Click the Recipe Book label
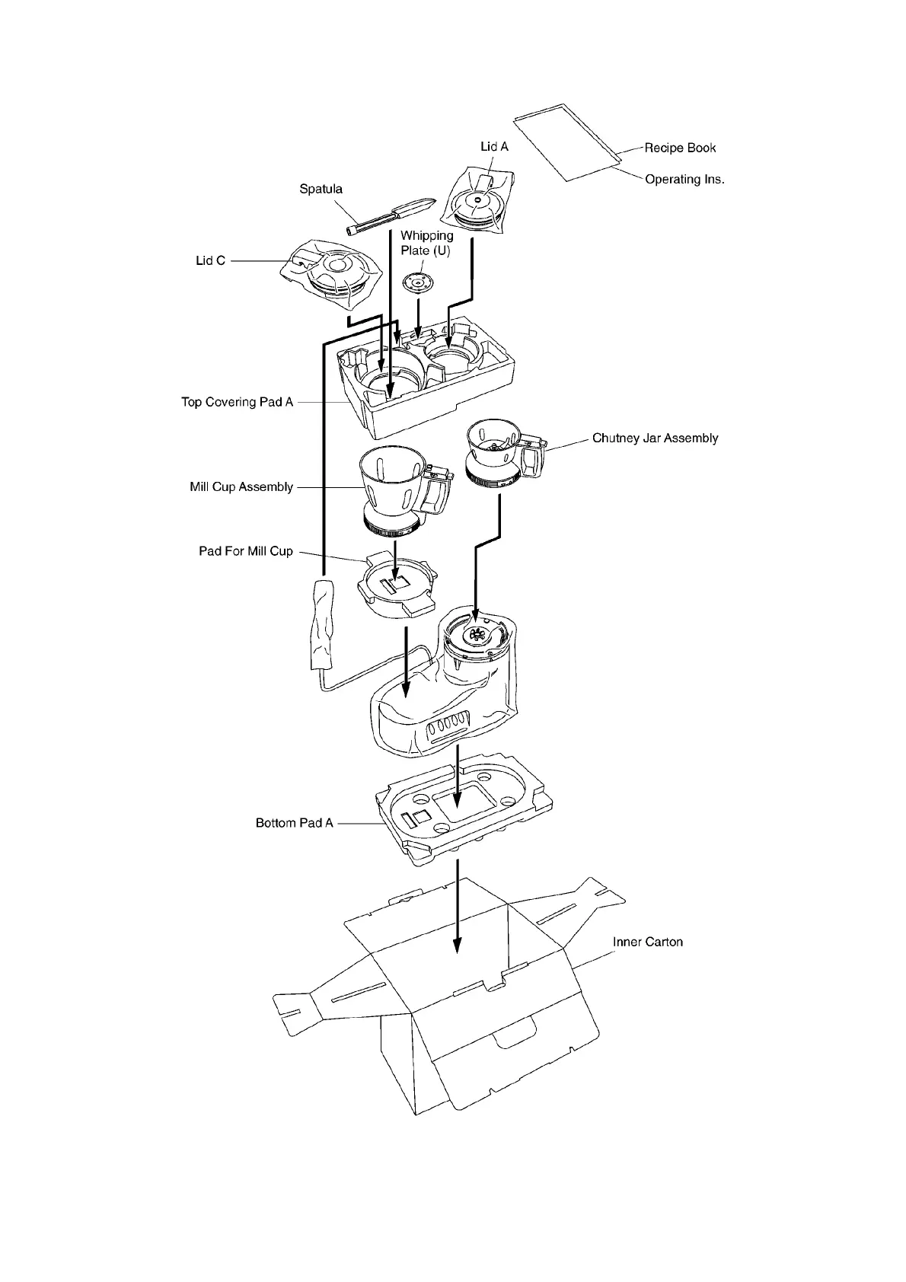point(680,148)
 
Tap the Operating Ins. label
point(684,180)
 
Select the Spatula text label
point(321,189)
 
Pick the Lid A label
point(494,146)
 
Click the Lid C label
point(211,260)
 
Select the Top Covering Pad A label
point(237,402)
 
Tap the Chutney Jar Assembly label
point(655,438)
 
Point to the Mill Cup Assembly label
point(241,487)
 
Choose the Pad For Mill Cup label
point(246,551)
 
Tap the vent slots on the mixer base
point(448,728)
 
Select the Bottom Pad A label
point(295,824)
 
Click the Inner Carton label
point(648,942)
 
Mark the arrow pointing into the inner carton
point(457,906)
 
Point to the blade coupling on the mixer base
point(477,636)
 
